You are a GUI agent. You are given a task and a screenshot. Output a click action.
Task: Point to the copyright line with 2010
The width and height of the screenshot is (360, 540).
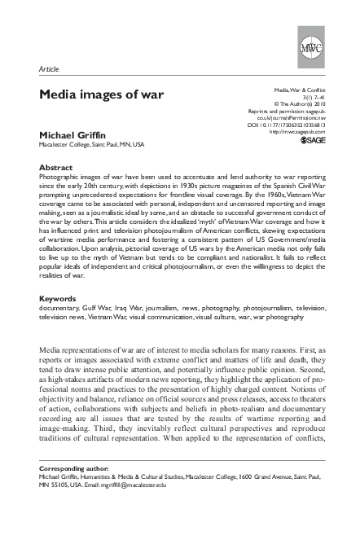pos(304,103)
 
